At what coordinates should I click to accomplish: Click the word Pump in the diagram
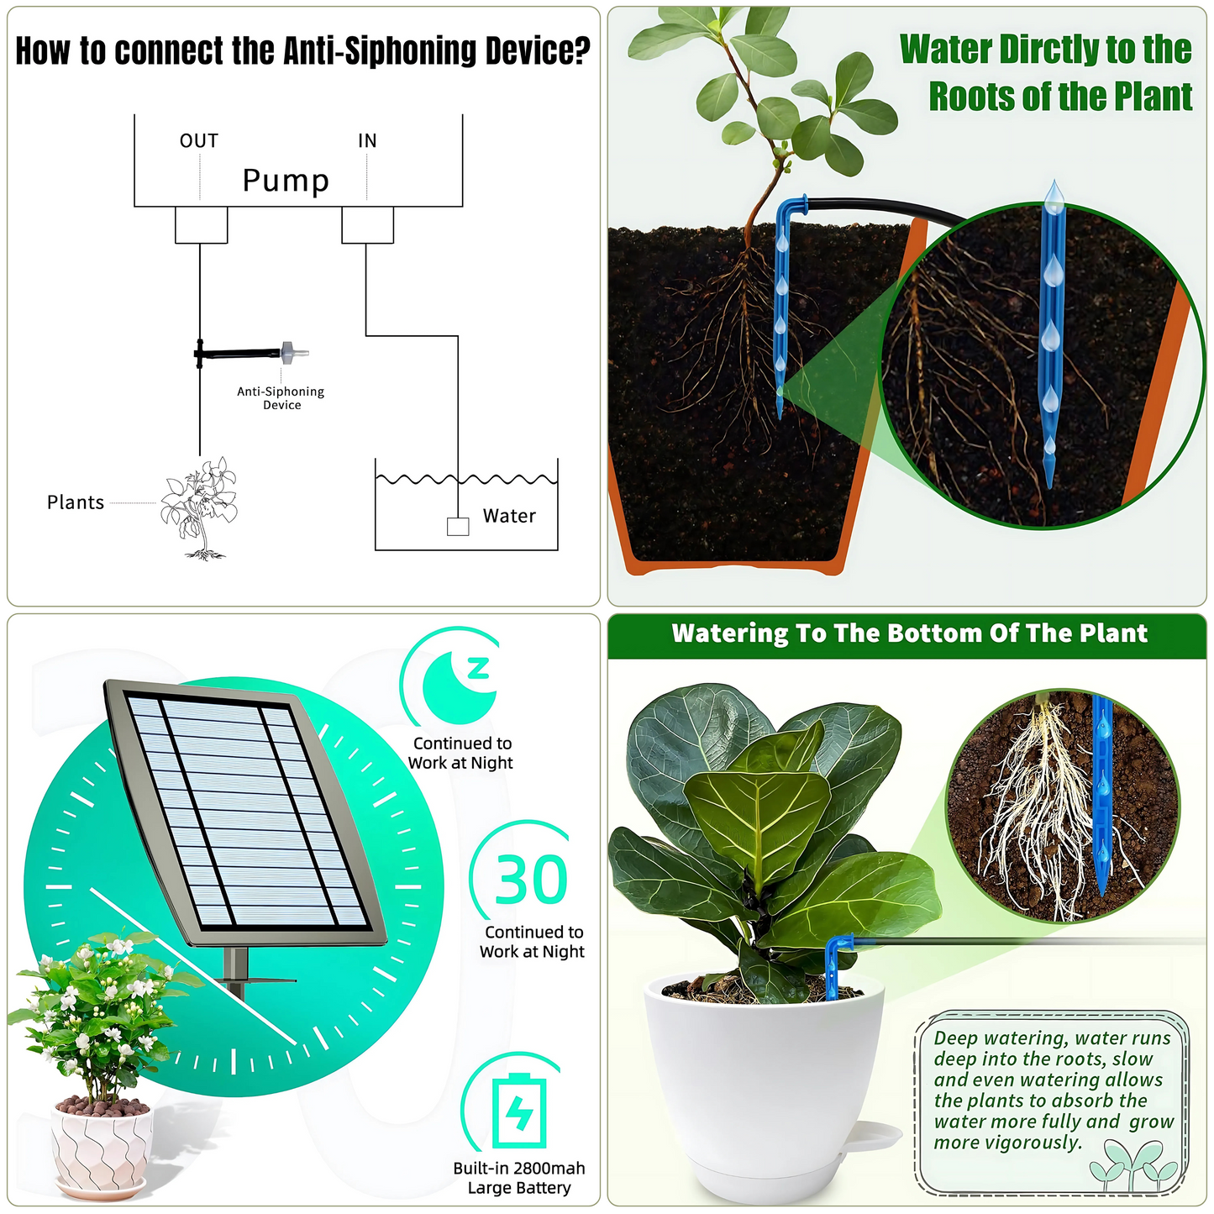(286, 181)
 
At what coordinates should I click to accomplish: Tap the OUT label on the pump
(199, 141)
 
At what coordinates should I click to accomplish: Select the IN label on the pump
(367, 141)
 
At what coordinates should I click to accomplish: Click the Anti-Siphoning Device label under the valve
(281, 398)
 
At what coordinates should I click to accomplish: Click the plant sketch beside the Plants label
(200, 507)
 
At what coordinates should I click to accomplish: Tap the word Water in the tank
(509, 516)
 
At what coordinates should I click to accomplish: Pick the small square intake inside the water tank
(458, 527)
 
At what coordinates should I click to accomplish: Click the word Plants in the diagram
(76, 502)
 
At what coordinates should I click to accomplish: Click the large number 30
(531, 880)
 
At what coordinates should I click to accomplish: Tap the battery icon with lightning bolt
(519, 1111)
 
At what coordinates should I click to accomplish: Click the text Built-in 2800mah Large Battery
(519, 1178)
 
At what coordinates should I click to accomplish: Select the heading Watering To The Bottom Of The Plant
(909, 633)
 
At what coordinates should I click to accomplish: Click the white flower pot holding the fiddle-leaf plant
(765, 1084)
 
